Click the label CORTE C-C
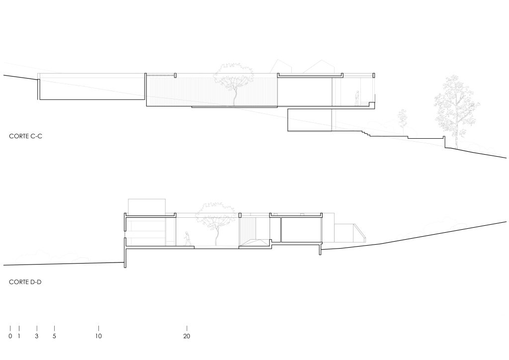pos(26,136)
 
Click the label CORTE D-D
pos(25,282)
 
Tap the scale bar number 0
pos(10,336)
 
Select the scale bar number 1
pos(19,336)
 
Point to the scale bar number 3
pos(37,336)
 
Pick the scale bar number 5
pos(54,336)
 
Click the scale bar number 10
pos(98,336)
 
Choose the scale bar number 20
pos(187,336)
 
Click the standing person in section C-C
pos(357,98)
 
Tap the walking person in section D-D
pos(187,239)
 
